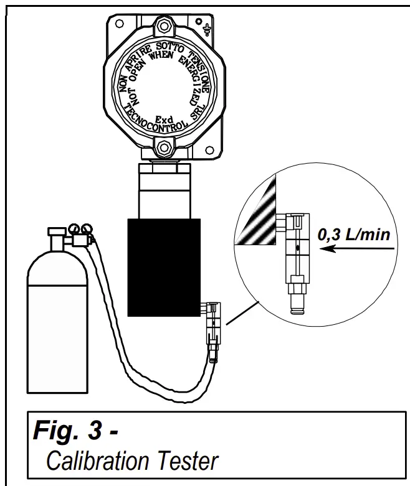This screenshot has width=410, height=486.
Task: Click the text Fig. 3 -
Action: click(75, 431)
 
